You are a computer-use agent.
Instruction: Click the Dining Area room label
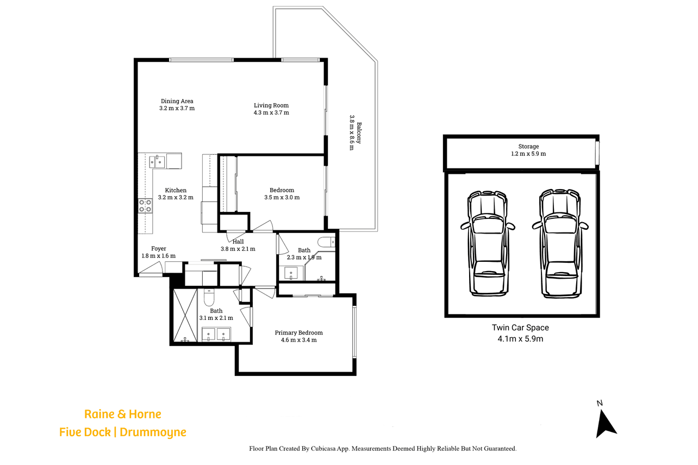tap(177, 101)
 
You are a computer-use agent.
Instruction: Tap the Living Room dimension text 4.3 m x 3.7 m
tap(271, 113)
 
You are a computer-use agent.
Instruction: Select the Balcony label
tap(359, 133)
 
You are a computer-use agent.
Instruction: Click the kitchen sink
tap(157, 162)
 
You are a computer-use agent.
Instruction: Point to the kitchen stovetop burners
tap(145, 206)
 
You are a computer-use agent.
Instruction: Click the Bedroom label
tap(282, 190)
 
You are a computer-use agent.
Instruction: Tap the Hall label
tap(238, 242)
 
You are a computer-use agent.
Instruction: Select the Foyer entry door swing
tap(151, 268)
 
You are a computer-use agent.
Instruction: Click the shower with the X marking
tap(185, 315)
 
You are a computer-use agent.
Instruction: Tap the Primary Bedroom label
tap(299, 332)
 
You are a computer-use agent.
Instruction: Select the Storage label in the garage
tap(528, 146)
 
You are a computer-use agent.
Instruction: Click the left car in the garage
tap(488, 243)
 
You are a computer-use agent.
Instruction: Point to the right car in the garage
tap(560, 243)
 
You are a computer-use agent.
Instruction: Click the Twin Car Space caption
tap(520, 328)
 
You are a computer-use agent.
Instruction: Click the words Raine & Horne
tap(123, 414)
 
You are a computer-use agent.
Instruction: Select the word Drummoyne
tap(153, 432)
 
